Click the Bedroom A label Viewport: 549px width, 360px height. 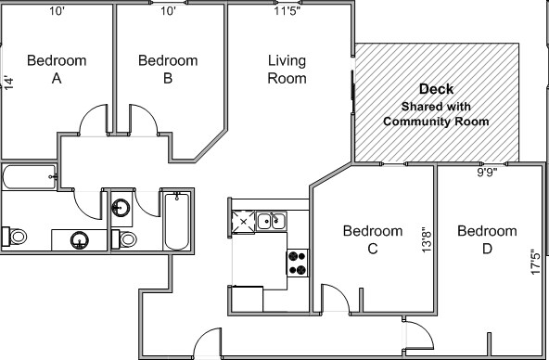[57, 70]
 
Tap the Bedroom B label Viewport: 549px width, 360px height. [168, 70]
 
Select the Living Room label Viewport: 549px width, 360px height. [287, 70]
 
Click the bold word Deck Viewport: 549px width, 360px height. [436, 89]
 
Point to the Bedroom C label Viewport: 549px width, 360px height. [372, 239]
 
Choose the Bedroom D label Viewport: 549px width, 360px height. [487, 239]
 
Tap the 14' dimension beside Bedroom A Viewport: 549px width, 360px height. [9, 82]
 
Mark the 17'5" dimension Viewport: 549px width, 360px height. [534, 259]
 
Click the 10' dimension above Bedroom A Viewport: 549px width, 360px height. [57, 11]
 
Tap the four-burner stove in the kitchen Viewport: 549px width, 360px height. [298, 264]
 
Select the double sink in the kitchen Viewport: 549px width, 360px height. [271, 221]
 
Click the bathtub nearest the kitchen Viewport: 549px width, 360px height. [175, 221]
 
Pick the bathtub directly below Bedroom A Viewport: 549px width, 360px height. [28, 177]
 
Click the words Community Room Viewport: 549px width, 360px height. [436, 122]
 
